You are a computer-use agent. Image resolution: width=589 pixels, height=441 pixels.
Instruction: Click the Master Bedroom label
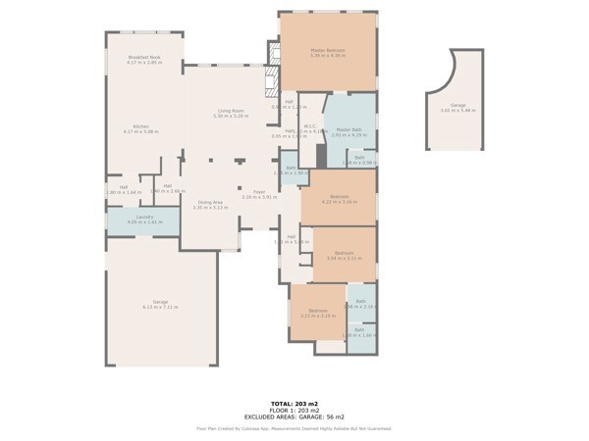coord(329,51)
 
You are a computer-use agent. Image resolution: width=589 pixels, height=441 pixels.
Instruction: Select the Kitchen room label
coord(140,127)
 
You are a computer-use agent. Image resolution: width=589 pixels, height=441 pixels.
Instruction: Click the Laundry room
coord(143,220)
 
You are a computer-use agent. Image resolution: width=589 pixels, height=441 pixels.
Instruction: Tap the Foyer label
coord(259,193)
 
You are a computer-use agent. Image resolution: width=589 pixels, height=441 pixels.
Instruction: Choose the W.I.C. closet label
coord(309,126)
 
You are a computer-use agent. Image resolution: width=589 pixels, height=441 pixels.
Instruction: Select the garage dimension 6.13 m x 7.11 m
coord(160,307)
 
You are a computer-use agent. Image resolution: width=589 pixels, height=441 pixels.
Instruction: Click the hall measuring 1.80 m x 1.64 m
coord(124,189)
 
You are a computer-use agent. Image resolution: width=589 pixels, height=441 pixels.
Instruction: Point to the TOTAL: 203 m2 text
coord(294,402)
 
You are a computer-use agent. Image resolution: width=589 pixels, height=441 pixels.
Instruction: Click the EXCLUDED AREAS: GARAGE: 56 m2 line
coord(294,416)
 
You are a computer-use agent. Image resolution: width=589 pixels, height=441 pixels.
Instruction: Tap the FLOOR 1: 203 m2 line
coord(294,409)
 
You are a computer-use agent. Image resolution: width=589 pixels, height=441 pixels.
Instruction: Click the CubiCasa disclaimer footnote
coord(294,427)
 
